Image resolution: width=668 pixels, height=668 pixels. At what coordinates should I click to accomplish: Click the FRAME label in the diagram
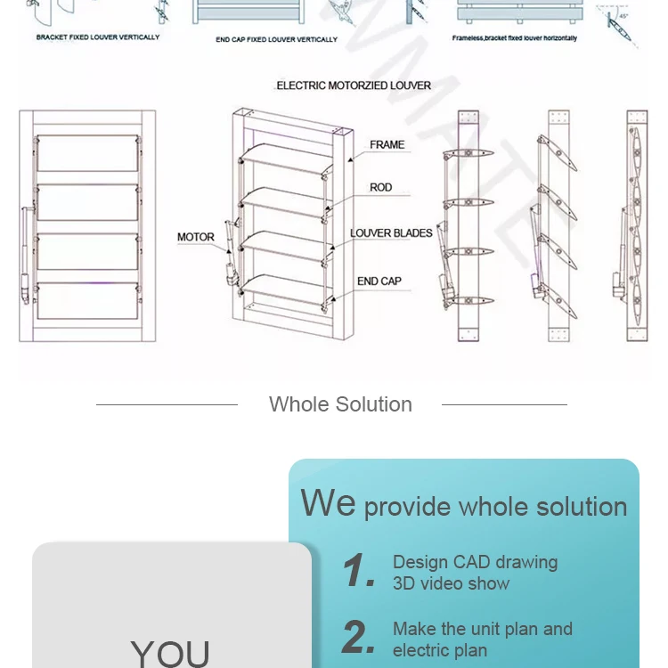pos(387,144)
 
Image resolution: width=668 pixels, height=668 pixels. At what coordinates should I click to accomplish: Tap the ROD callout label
pos(381,188)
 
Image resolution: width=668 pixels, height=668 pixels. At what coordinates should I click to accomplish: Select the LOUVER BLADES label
pos(391,233)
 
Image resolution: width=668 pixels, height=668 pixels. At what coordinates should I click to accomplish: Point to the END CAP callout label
pos(379,281)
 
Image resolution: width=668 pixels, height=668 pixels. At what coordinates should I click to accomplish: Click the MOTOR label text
pos(196,237)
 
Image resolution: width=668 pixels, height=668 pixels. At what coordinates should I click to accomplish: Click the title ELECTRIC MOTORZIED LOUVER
pos(354,86)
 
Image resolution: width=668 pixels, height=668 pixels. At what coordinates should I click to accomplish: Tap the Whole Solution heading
pos(340,404)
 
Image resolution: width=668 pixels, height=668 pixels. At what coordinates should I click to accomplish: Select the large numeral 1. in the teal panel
pos(360,571)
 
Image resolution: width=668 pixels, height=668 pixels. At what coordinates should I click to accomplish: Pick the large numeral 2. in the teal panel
pos(360,638)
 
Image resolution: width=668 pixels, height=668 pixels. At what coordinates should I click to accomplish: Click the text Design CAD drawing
pos(475,562)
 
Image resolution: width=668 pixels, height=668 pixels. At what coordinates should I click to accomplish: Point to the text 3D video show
pos(452,584)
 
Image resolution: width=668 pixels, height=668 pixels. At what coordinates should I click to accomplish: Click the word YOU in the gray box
pos(170,653)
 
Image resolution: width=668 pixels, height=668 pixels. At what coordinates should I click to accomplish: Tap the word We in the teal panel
pos(328,503)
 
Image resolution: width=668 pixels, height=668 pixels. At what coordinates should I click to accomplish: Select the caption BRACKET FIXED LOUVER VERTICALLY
pos(98,37)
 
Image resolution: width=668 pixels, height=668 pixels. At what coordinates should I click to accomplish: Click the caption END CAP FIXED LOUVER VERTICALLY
pos(277,40)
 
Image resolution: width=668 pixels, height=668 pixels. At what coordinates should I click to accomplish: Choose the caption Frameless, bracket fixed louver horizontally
pos(514,38)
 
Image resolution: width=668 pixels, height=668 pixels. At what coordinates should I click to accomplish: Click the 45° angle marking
pos(623,15)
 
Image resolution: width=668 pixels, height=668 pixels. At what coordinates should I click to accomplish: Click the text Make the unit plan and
pos(482,629)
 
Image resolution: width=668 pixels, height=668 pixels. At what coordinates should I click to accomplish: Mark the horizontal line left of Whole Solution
pos(167,404)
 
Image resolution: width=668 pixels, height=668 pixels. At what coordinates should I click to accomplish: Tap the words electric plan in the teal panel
pos(440,650)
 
